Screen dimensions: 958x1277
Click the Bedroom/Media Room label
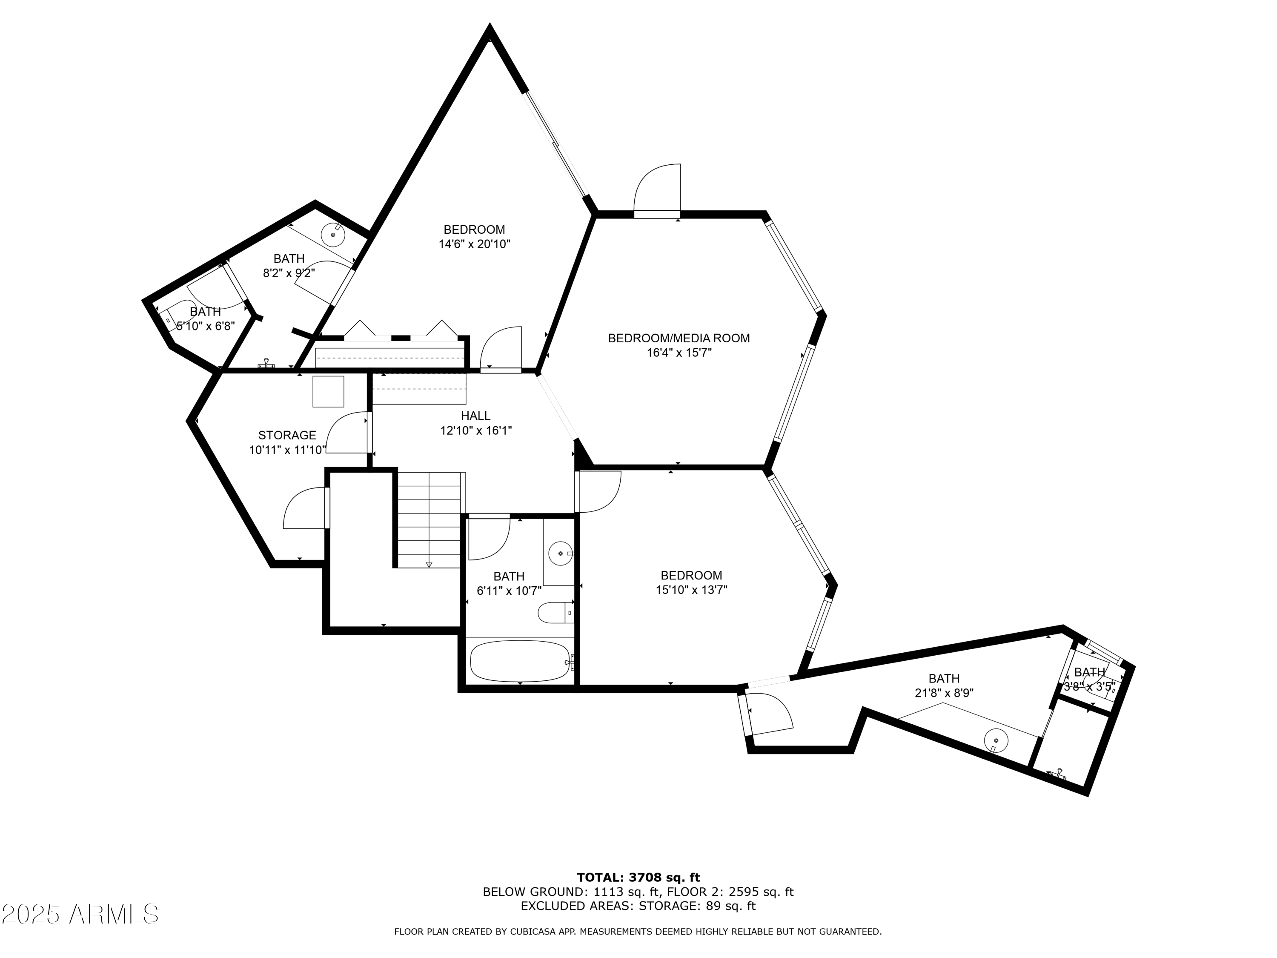(x=679, y=338)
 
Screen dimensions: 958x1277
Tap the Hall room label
(x=476, y=416)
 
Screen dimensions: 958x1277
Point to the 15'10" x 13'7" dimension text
(x=691, y=590)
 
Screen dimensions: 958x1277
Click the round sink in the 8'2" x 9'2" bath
(x=333, y=235)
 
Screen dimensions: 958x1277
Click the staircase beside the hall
(x=429, y=520)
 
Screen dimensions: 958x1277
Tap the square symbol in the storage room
(x=328, y=392)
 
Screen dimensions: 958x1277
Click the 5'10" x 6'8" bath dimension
(x=206, y=326)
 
